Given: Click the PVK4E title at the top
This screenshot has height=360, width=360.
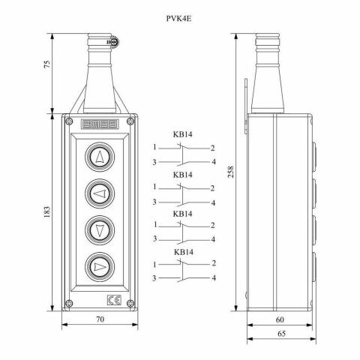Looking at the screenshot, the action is [178, 19].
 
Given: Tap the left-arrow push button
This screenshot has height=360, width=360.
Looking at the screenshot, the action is [100, 193].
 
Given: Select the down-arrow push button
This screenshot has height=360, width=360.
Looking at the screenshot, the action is [100, 230].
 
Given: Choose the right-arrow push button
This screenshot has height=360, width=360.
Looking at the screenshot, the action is [100, 267].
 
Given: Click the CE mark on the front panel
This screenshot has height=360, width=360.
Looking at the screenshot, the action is [114, 300].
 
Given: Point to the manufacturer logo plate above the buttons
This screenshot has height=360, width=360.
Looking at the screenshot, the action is [100, 124].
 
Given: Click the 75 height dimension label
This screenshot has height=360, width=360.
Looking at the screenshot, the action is [47, 64].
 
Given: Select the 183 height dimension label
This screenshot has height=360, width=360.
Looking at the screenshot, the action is [47, 211].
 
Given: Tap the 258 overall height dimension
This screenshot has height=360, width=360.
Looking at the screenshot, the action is [231, 172].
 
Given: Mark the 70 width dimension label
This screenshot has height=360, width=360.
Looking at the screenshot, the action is [100, 319].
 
